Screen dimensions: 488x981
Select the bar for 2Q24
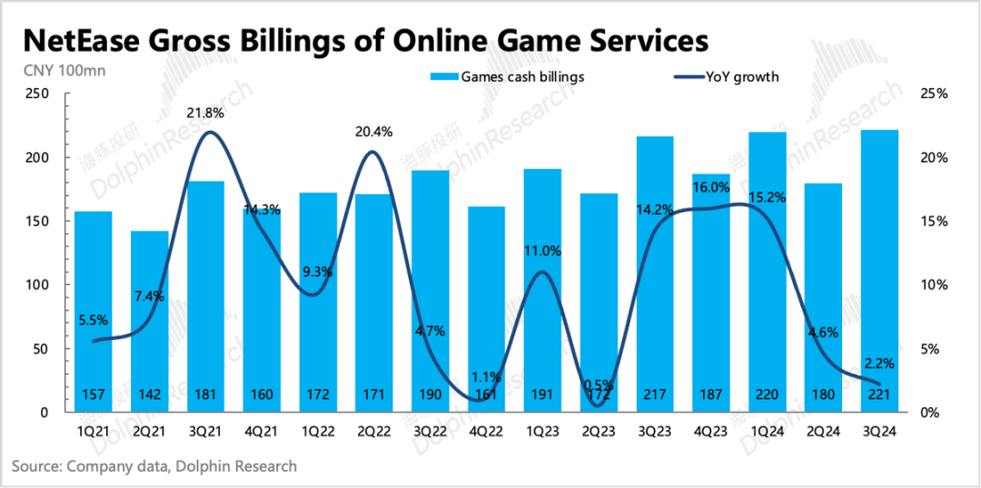pyautogui.click(x=824, y=299)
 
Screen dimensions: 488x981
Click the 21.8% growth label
pyautogui.click(x=205, y=113)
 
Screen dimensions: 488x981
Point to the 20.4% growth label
pyautogui.click(x=374, y=132)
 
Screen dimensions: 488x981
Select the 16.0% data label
pyautogui.click(x=711, y=188)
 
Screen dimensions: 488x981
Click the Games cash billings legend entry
pyautogui.click(x=509, y=77)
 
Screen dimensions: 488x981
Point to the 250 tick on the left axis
pyautogui.click(x=37, y=93)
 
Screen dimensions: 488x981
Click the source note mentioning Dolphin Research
pyautogui.click(x=154, y=466)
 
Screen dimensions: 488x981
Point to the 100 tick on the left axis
pyautogui.click(x=37, y=285)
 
